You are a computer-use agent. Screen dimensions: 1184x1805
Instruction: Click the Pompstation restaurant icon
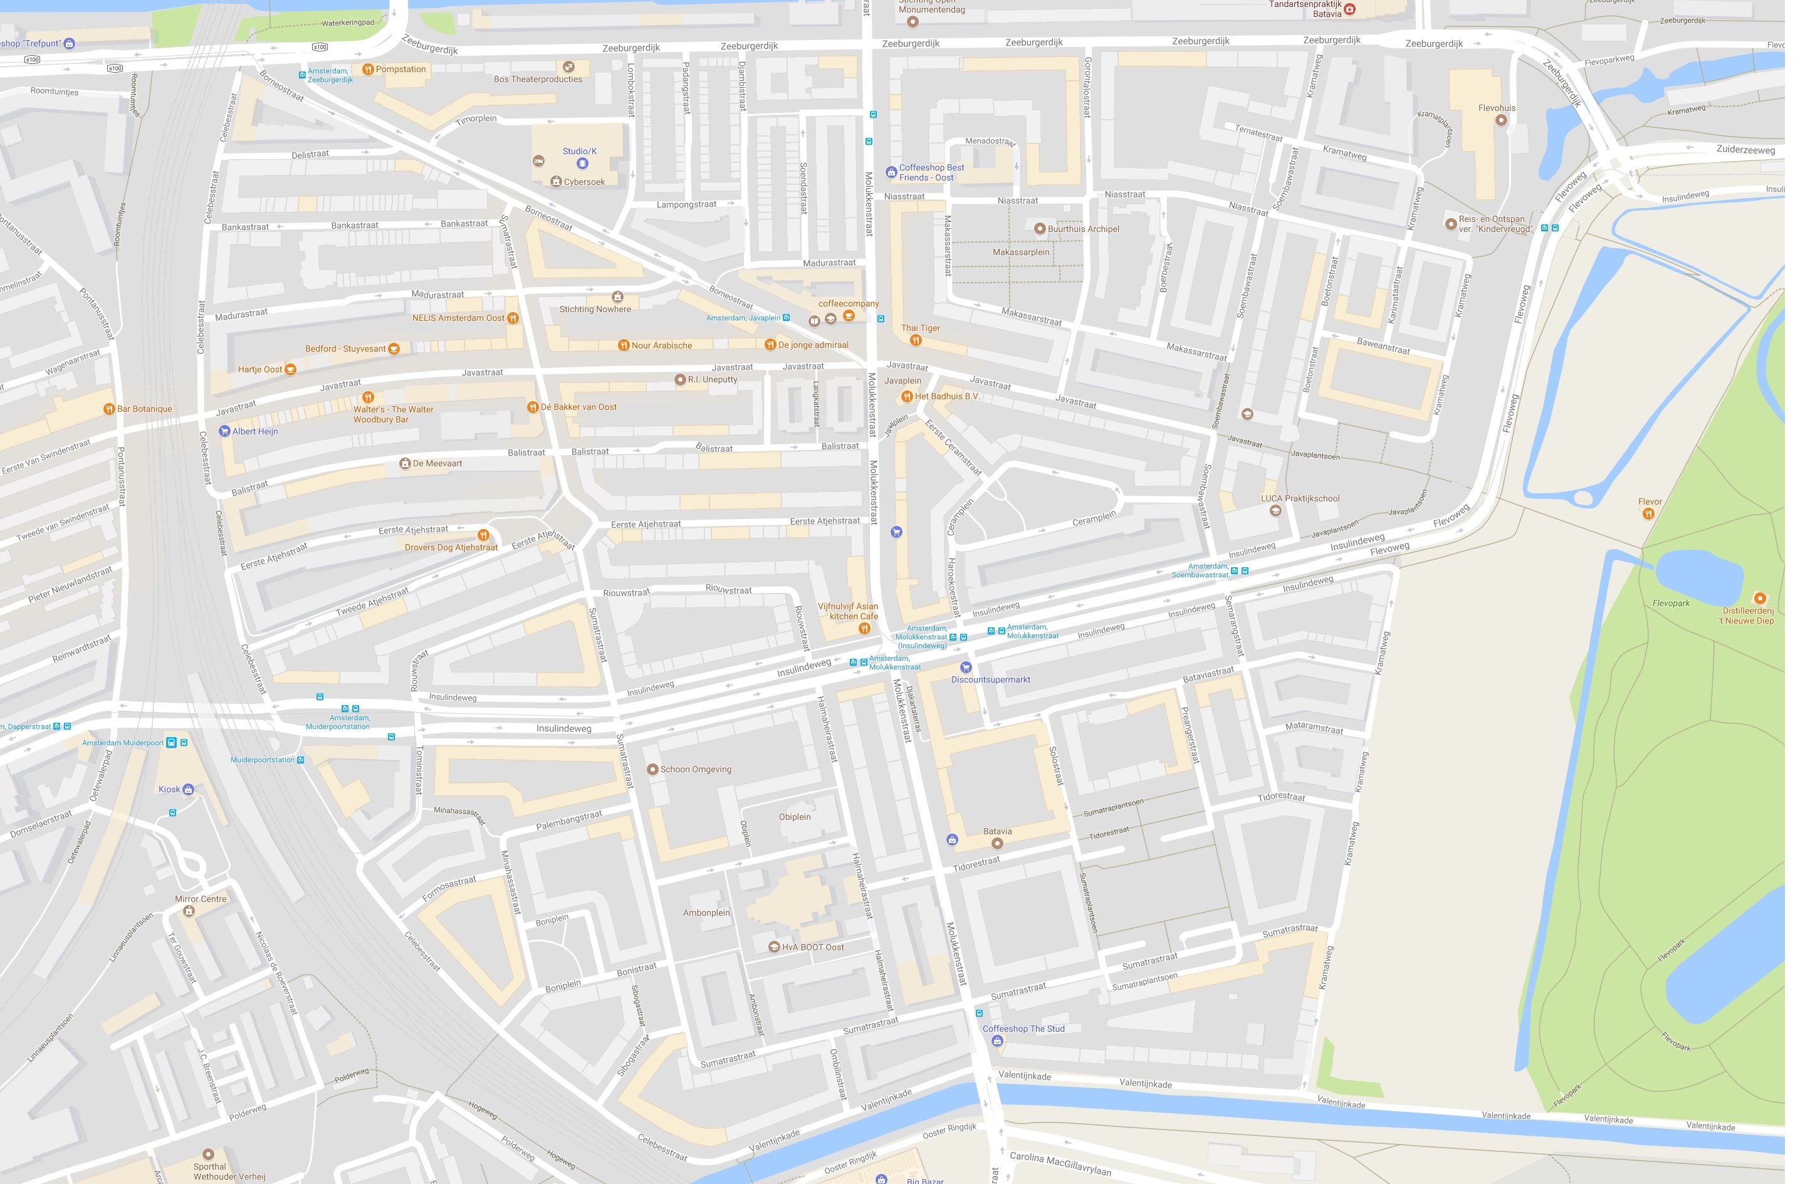pyautogui.click(x=368, y=70)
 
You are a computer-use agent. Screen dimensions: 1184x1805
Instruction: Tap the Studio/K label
pyautogui.click(x=580, y=151)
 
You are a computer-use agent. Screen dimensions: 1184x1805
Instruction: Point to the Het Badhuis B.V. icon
pyautogui.click(x=906, y=397)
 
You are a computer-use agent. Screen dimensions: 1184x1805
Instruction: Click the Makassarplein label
pyautogui.click(x=1021, y=253)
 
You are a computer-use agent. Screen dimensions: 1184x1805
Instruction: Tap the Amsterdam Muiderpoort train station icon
pyautogui.click(x=171, y=743)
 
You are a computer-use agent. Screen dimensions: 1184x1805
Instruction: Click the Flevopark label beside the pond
pyautogui.click(x=1671, y=604)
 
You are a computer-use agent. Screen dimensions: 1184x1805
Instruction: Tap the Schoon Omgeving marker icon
pyautogui.click(x=651, y=770)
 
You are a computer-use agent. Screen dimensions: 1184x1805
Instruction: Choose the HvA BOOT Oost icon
pyautogui.click(x=773, y=947)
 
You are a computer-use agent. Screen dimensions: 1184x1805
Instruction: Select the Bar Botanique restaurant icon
pyautogui.click(x=108, y=409)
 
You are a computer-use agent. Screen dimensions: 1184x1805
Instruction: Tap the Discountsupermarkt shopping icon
pyautogui.click(x=965, y=668)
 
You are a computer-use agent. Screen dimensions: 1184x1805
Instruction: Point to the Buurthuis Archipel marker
pyautogui.click(x=1040, y=229)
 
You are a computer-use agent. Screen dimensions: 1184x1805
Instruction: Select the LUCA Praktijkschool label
pyautogui.click(x=1299, y=499)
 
